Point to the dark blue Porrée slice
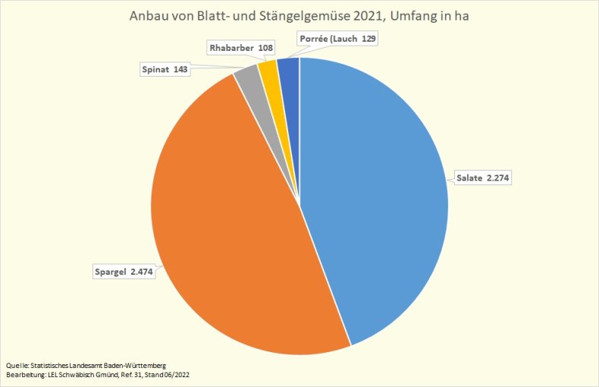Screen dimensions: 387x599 [x=289, y=68]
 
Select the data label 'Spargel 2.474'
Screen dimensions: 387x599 [x=123, y=271]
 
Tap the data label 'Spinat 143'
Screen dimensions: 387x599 [x=165, y=69]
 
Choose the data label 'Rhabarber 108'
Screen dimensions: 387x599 [x=240, y=48]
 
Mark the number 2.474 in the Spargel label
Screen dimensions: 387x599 [x=141, y=271]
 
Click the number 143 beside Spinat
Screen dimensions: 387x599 [x=180, y=69]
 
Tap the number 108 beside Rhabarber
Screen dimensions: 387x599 [x=263, y=48]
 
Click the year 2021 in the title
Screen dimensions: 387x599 [x=368, y=15]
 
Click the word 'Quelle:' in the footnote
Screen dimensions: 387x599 [x=18, y=365]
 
